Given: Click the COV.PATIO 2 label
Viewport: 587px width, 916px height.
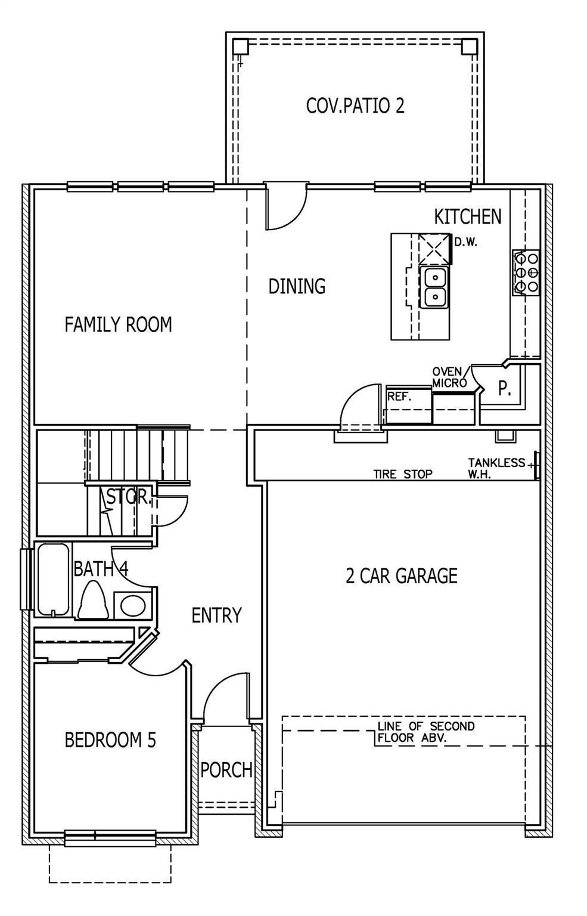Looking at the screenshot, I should pyautogui.click(x=355, y=106).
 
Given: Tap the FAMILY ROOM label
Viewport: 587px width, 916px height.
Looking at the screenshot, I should pyautogui.click(x=118, y=324).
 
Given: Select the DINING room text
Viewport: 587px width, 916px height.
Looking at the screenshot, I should pyautogui.click(x=297, y=286).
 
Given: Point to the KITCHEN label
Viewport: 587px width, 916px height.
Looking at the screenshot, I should pyautogui.click(x=467, y=216).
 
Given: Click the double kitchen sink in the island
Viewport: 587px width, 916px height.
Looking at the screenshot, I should pyautogui.click(x=436, y=286).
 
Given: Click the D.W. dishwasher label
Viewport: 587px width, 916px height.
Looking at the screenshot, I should pyautogui.click(x=466, y=243).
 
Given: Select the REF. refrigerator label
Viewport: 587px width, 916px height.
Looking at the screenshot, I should pyautogui.click(x=399, y=396).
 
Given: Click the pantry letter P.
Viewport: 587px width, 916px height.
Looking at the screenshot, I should pyautogui.click(x=504, y=389).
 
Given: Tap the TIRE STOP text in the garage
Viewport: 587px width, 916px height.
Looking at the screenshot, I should pyautogui.click(x=403, y=475).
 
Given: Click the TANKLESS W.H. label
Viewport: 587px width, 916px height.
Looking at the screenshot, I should pyautogui.click(x=496, y=469).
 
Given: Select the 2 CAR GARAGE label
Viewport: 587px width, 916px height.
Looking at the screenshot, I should pyautogui.click(x=402, y=575).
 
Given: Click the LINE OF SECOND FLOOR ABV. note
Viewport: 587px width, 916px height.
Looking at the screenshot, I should pyautogui.click(x=426, y=732).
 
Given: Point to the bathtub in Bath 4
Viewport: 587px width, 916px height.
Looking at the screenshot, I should pyautogui.click(x=53, y=579).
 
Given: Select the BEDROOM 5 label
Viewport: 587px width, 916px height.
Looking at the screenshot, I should pyautogui.click(x=110, y=740).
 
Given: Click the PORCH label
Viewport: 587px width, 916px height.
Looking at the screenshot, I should pyautogui.click(x=226, y=770).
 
